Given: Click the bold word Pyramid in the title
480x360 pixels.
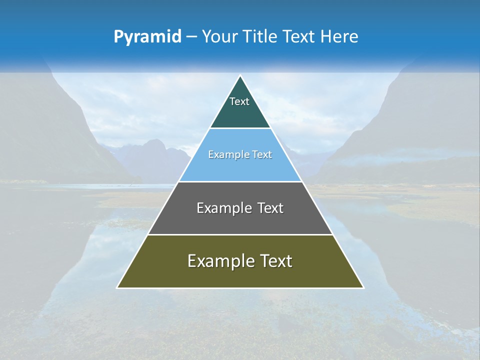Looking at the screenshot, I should coord(147,37).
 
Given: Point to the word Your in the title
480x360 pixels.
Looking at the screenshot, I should coord(221,37).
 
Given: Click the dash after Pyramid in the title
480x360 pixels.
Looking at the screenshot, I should coord(191,37).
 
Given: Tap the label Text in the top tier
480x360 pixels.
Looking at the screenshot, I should coord(239,101).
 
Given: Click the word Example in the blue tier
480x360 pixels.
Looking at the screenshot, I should coord(227,154).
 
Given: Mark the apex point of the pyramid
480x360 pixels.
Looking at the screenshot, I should coord(240,76).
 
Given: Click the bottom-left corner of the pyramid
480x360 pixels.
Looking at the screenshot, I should coord(117,287).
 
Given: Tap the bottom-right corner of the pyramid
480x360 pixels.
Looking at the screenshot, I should coord(363,287).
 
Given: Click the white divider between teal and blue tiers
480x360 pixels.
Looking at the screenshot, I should coord(240,128).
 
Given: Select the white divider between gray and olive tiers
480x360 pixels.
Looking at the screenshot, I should coord(240,234).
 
